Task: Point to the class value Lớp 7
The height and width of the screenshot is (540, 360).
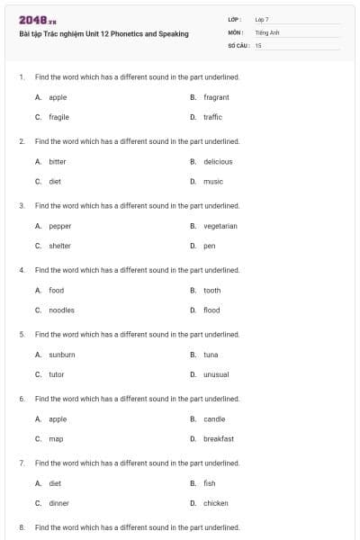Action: pos(262,19)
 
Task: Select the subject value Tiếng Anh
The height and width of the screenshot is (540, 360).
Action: pos(266,31)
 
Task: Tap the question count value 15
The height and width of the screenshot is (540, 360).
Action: pos(258,44)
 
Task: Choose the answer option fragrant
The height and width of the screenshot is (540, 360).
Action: pos(216,97)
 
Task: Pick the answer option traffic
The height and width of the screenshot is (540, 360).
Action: pos(212,117)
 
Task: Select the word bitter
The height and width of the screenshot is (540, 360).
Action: pos(58,162)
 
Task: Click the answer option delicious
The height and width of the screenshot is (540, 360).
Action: pos(218,162)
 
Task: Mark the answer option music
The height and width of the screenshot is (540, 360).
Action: pos(213,181)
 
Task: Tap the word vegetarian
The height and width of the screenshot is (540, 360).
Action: pos(220,226)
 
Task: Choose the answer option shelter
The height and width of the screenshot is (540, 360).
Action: pos(59,246)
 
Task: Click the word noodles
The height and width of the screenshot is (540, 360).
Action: pos(61,310)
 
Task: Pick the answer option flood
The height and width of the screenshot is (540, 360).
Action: pos(211,310)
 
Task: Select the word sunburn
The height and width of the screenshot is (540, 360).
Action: pos(62,355)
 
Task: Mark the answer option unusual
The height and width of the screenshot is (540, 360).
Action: pos(216,374)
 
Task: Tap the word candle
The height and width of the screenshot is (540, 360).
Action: pos(214,419)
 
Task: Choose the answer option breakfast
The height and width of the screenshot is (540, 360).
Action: pos(219,439)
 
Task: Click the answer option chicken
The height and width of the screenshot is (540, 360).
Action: pos(216,503)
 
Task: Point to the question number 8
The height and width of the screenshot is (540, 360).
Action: pos(21,526)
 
